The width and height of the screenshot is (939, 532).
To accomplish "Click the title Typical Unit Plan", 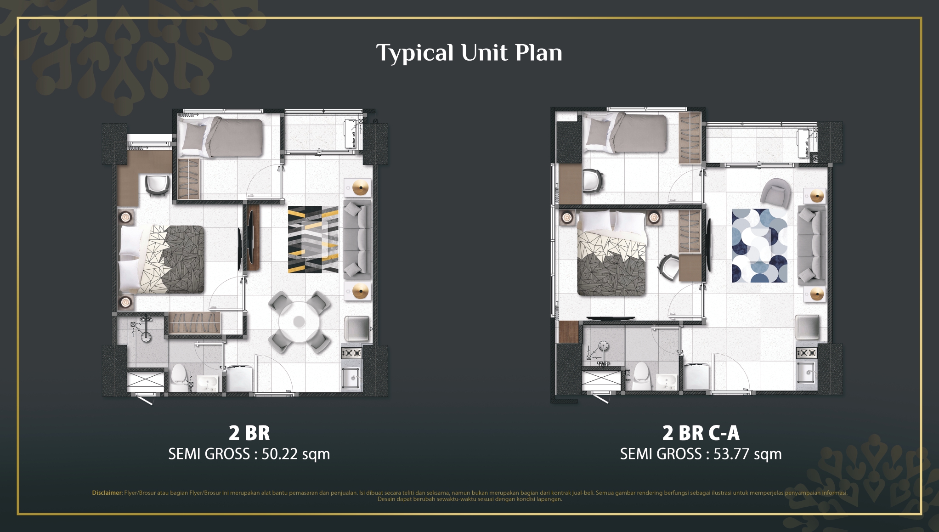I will point(469,53).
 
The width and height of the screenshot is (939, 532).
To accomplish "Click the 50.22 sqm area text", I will point(295,454).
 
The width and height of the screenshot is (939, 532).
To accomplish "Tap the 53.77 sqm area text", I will point(747,454).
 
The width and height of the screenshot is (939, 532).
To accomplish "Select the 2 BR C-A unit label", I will point(701,433).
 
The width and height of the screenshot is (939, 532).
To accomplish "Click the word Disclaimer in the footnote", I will point(107,493).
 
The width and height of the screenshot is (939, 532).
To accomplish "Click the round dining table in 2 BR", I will point(299,322).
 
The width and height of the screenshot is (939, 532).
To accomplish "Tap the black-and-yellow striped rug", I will point(313,239).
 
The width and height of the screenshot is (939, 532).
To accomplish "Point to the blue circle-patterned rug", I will point(759,246).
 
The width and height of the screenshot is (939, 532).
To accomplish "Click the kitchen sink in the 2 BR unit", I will point(351,378).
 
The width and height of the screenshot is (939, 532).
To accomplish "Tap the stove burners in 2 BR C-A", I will point(806,353).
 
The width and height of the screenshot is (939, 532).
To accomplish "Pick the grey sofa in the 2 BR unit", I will point(357,239).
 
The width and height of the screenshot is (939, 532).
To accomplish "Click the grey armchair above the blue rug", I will point(775,192).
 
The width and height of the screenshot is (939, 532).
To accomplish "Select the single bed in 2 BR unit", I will point(221,137).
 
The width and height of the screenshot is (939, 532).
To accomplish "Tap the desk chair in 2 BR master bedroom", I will point(157,185).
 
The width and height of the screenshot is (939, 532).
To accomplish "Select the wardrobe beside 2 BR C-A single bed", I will point(690,138).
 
